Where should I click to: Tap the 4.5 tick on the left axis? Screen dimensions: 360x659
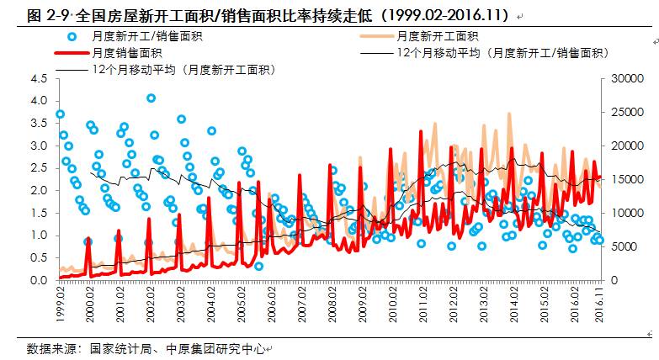click(x=38, y=78)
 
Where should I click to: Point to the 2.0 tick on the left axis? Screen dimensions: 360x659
click(x=38, y=190)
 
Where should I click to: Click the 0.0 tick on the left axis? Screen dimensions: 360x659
click(x=38, y=280)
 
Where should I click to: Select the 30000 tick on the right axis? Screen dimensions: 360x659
click(x=621, y=78)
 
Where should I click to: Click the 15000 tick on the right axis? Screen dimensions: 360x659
click(x=621, y=179)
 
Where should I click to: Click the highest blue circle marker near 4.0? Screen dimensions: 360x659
click(x=151, y=98)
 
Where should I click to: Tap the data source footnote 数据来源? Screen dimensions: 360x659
click(x=48, y=347)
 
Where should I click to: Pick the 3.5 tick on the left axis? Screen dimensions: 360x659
click(x=38, y=123)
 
